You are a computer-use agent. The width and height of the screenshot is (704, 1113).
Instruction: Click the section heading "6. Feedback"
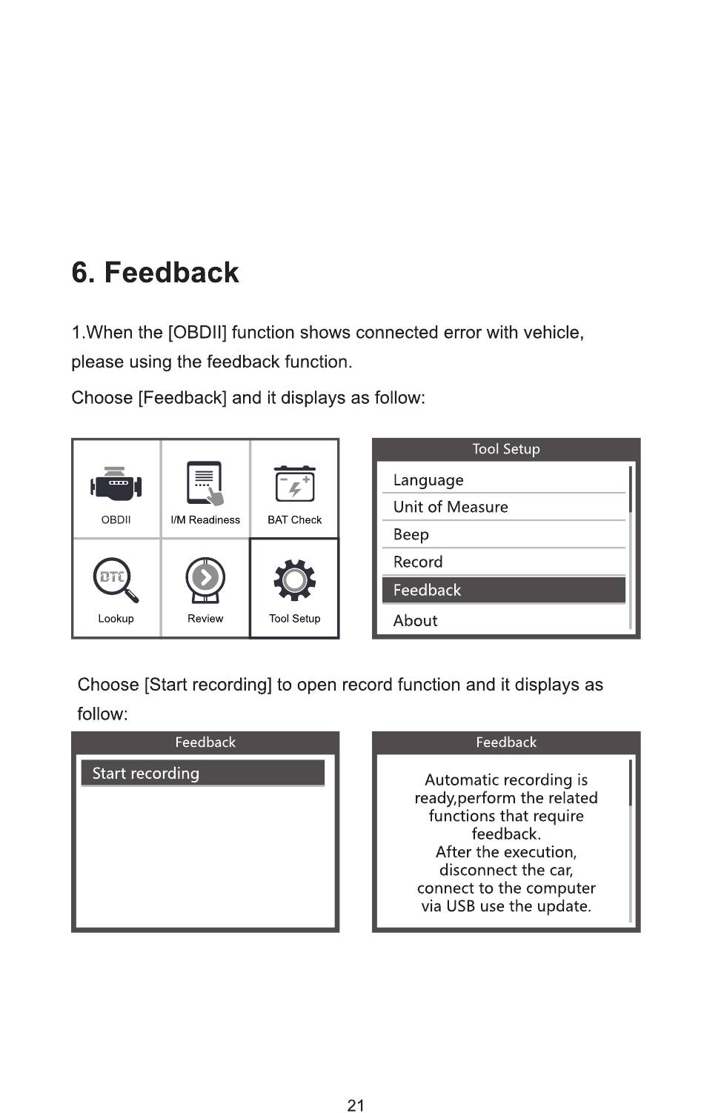[x=155, y=273]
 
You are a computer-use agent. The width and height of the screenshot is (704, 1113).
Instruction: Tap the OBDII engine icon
[x=116, y=485]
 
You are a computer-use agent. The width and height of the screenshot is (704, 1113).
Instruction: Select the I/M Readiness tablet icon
[x=205, y=483]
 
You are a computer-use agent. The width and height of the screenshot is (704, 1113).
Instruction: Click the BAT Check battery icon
[x=295, y=485]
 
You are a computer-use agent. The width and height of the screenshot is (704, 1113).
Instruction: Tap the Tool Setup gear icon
[x=295, y=579]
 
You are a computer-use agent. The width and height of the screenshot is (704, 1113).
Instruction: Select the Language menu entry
[x=428, y=480]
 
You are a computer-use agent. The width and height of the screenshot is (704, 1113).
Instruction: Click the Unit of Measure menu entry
[x=451, y=508]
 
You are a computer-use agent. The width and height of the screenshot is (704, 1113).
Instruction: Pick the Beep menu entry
[x=411, y=535]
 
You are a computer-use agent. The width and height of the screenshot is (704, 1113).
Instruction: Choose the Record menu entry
[x=418, y=562]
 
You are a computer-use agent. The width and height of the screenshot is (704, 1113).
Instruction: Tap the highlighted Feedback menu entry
[x=428, y=591]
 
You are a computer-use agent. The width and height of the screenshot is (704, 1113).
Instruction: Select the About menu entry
[x=416, y=621]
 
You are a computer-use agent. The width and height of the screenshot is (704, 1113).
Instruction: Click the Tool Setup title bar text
[x=506, y=449]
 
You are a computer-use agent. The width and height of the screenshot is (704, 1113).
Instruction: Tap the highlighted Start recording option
[x=146, y=774]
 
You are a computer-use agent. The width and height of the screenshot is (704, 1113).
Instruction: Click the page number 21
[x=356, y=1106]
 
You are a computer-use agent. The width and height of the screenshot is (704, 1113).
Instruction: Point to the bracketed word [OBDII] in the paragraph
[x=197, y=333]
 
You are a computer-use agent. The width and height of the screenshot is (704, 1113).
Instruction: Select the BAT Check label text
[x=295, y=520]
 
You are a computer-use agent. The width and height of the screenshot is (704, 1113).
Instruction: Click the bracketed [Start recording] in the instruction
[x=207, y=685]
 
